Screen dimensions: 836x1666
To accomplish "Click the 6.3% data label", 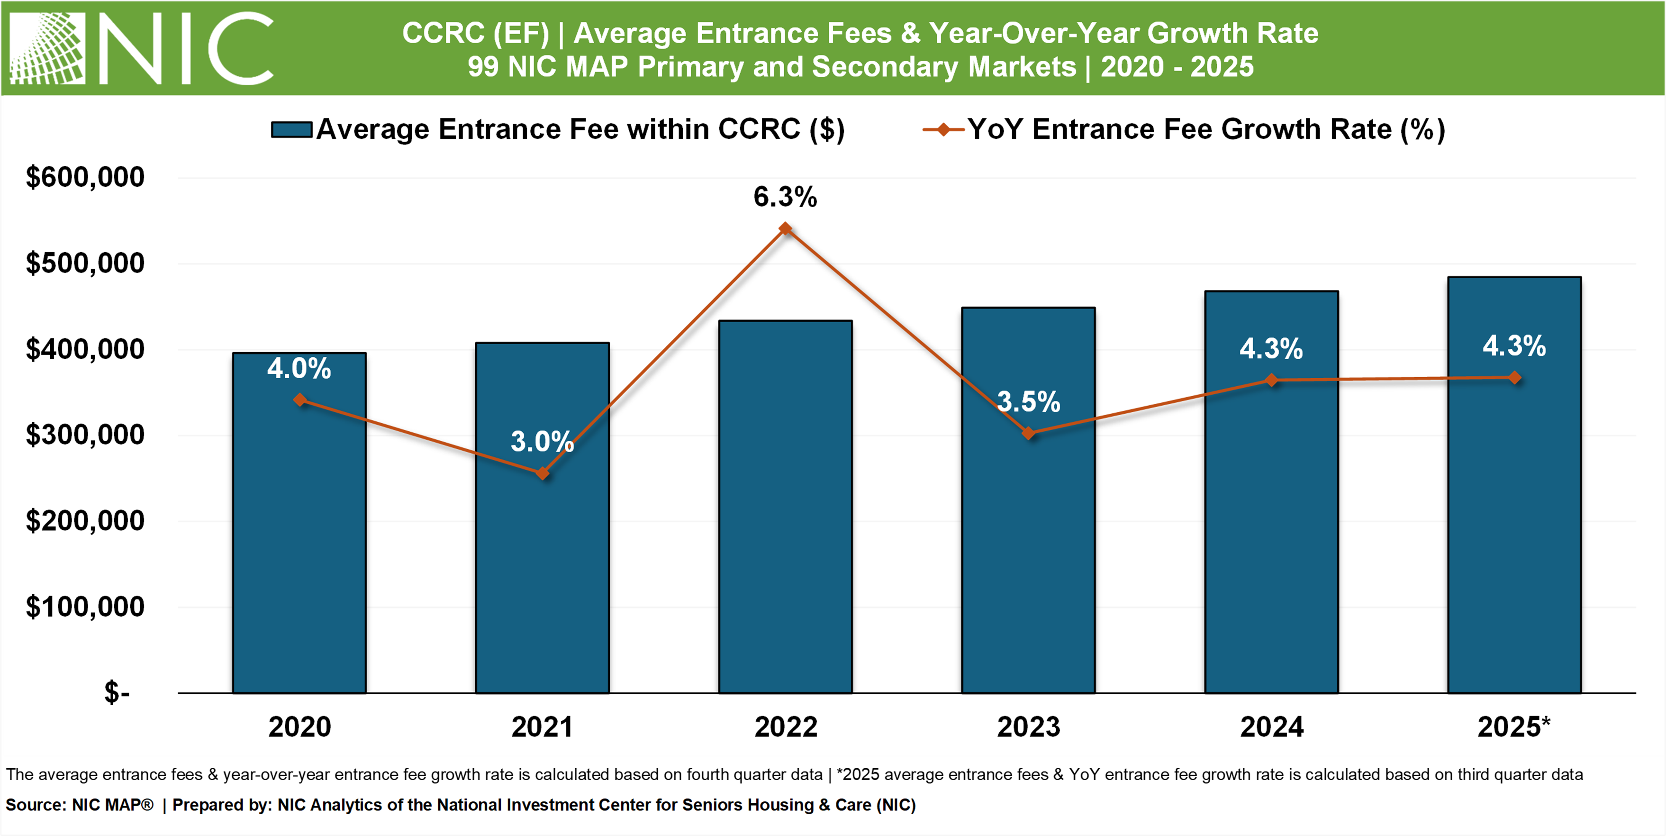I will click(785, 197).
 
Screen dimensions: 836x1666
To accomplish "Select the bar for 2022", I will click(785, 518).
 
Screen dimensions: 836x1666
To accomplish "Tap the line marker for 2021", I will click(543, 473).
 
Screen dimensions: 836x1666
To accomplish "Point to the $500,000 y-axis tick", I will click(85, 264).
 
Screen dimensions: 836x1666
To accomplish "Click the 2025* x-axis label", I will click(1513, 727).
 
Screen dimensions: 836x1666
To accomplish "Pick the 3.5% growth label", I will click(1028, 401).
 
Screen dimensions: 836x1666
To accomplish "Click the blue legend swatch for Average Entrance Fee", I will click(292, 129).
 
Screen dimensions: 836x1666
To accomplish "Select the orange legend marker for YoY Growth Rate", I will click(943, 129).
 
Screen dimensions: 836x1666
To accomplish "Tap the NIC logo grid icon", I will click(47, 48).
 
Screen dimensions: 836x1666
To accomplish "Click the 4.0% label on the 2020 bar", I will click(299, 368).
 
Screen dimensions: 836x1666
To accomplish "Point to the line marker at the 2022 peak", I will click(785, 228).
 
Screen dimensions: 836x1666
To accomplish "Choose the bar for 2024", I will click(1271, 518).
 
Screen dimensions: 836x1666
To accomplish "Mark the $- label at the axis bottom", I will click(117, 692).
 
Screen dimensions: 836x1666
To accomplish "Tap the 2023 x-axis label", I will click(1028, 727).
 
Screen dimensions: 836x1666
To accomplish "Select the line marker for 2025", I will click(1515, 377).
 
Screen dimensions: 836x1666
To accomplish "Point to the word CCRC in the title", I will click(443, 33).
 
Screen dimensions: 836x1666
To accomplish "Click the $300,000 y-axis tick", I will click(85, 435).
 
